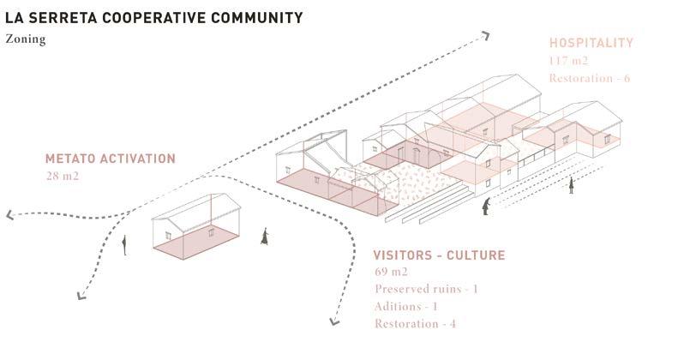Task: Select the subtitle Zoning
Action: point(25,39)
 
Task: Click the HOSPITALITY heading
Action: point(591,42)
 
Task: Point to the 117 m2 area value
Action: point(568,60)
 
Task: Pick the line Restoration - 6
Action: point(590,78)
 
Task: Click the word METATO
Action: point(74,159)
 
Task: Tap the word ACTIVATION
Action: point(141,159)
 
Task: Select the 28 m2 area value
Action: point(63,176)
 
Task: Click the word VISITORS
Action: point(406,255)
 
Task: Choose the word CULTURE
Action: point(478,255)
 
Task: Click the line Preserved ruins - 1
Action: point(426,289)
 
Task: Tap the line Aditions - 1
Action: point(406,306)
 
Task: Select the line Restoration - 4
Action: point(414,323)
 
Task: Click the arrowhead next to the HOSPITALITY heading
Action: point(485,36)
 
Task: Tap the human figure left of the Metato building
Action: point(125,246)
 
